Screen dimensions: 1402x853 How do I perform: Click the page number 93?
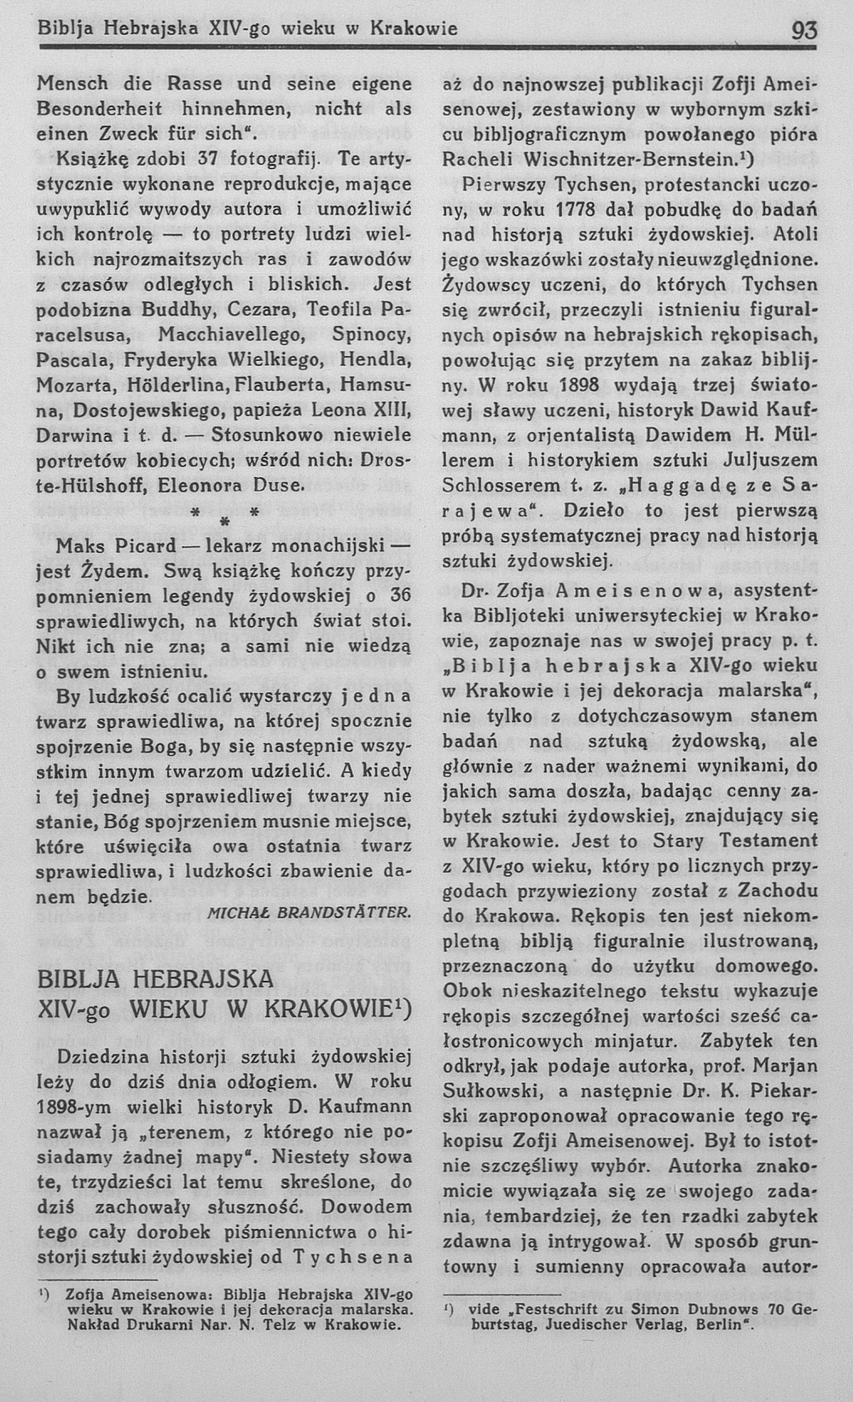(803, 31)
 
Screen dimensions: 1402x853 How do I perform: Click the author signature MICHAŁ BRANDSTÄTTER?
(310, 913)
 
